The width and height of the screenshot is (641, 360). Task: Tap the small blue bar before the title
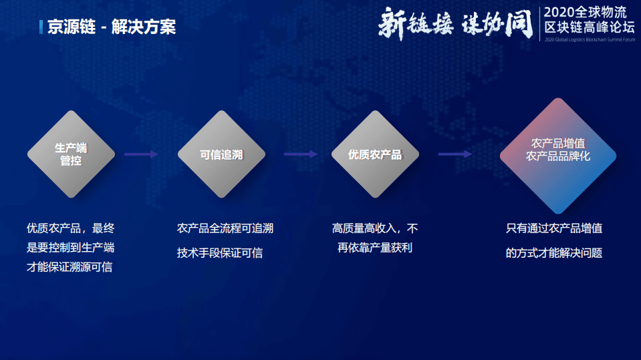41,27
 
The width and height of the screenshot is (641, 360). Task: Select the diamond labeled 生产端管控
71,154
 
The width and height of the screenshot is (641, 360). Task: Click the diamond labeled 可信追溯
221,154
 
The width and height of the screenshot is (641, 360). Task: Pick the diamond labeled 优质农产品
375,154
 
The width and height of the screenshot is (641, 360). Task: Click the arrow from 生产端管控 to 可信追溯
141,154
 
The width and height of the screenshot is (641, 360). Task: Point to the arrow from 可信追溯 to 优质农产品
300,154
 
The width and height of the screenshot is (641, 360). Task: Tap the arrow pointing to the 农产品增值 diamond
455,154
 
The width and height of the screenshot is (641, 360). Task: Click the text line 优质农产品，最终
70,228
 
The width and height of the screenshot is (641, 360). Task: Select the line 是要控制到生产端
70,248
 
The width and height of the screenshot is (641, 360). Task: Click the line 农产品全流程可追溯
225,228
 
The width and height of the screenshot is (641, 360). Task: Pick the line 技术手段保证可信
220,253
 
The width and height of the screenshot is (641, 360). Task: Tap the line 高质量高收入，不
375,228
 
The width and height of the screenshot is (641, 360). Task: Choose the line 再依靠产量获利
375,248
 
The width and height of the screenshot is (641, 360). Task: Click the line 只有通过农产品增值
554,228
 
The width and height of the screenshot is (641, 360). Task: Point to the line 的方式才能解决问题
554,253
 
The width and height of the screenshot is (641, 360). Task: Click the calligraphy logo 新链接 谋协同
455,23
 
